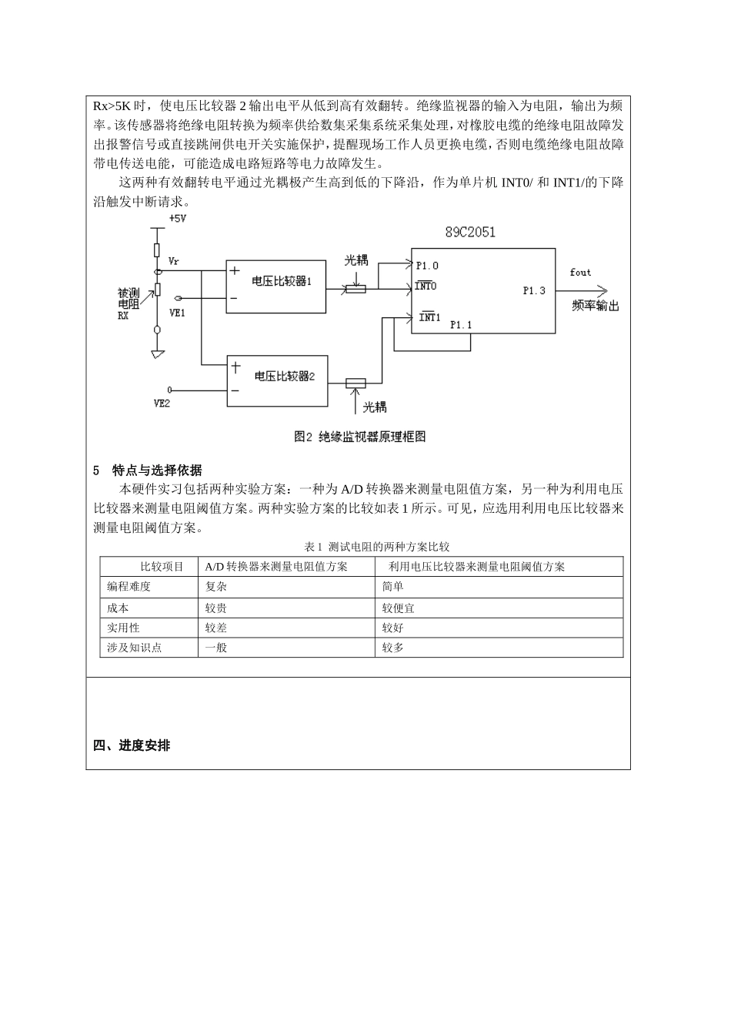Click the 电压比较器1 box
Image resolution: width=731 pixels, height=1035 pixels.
[275, 286]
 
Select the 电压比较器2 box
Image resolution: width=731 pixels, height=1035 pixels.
[277, 380]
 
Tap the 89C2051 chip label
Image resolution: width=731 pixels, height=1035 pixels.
[470, 233]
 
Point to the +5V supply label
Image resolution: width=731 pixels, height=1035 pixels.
[177, 219]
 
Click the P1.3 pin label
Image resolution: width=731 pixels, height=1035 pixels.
[533, 290]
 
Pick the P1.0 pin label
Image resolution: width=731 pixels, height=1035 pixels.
[427, 266]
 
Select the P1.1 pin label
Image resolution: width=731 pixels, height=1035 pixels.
[460, 325]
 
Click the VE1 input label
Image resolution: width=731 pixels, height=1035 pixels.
[177, 312]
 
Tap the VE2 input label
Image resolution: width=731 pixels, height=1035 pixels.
[162, 402]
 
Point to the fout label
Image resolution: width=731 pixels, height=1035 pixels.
[580, 273]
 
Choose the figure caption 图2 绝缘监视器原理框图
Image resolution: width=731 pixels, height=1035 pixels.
[359, 437]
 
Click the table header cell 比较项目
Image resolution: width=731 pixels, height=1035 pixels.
[162, 567]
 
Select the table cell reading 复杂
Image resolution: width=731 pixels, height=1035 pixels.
[216, 587]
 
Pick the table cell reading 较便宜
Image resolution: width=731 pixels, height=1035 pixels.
[399, 608]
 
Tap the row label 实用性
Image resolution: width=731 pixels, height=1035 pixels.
[123, 628]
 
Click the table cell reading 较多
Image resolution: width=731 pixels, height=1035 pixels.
[393, 648]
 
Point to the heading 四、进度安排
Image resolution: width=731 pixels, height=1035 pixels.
[132, 745]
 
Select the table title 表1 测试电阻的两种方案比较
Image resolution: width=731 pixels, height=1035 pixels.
[377, 547]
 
